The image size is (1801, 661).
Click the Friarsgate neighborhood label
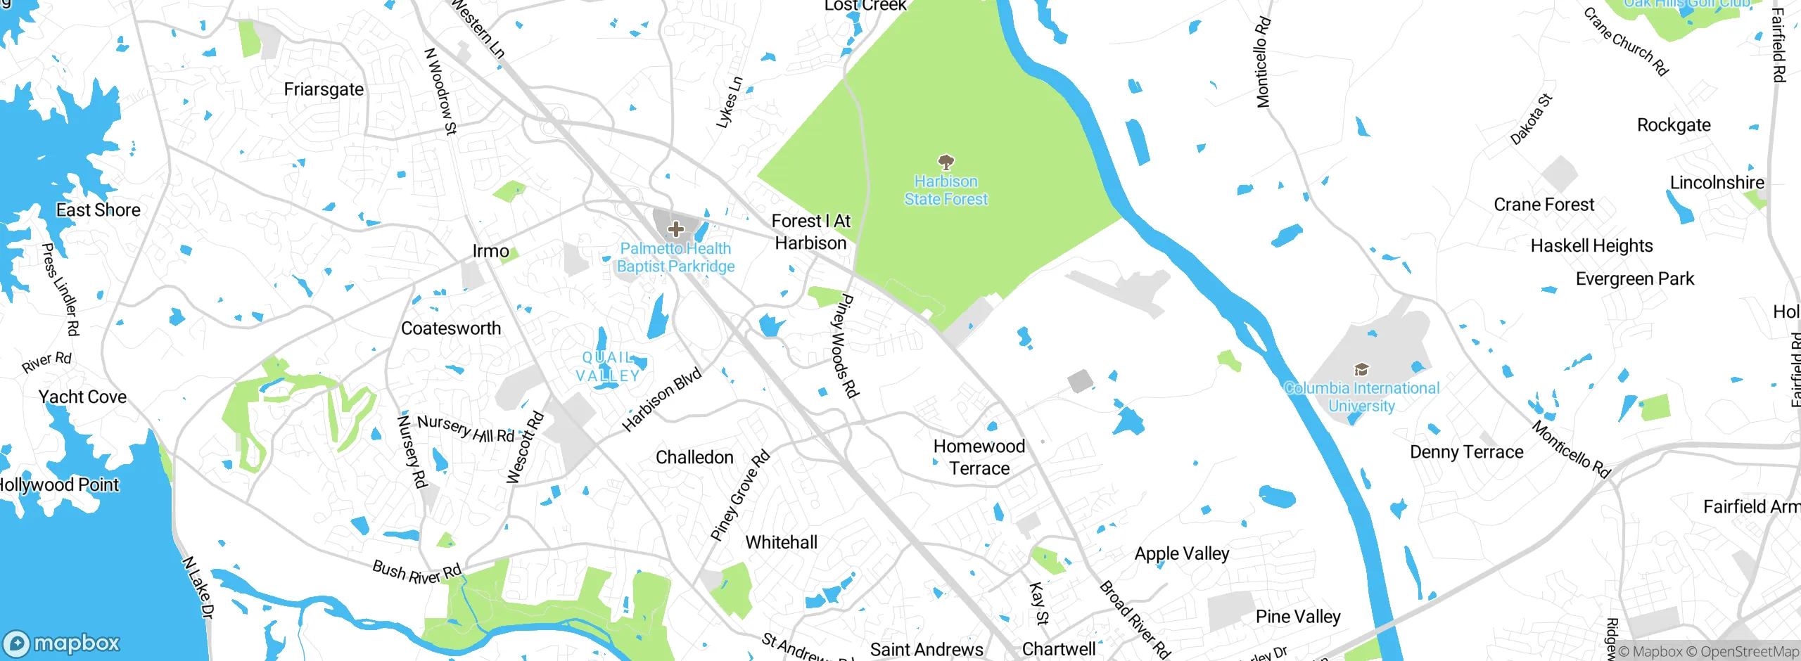pyautogui.click(x=324, y=89)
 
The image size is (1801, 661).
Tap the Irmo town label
pyautogui.click(x=490, y=251)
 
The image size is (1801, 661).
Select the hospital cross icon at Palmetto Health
pyautogui.click(x=675, y=229)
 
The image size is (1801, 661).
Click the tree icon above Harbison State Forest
pyautogui.click(x=946, y=162)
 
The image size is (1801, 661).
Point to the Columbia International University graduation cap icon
pyautogui.click(x=1361, y=370)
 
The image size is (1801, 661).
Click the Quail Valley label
pyautogui.click(x=608, y=366)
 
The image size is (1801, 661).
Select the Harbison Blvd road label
pyautogui.click(x=662, y=399)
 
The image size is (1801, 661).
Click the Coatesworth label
pyautogui.click(x=451, y=328)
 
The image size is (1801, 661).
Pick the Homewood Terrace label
pyautogui.click(x=979, y=457)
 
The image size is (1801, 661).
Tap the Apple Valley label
pyautogui.click(x=1182, y=553)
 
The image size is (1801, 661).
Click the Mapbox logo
pyautogui.click(x=62, y=643)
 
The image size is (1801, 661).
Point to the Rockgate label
pyautogui.click(x=1674, y=125)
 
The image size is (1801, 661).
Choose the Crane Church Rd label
pyautogui.click(x=1626, y=41)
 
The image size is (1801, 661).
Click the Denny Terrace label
pyautogui.click(x=1467, y=452)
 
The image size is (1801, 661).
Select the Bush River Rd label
pyautogui.click(x=416, y=572)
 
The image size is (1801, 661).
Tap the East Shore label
pyautogui.click(x=98, y=210)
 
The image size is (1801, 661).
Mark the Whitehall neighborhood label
pyautogui.click(x=781, y=542)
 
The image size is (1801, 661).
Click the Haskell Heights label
pyautogui.click(x=1591, y=245)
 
